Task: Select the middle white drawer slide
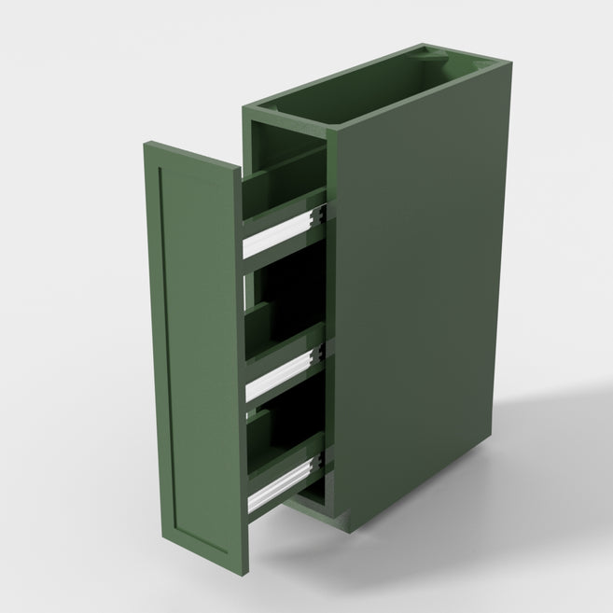point(280,373)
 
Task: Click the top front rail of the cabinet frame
point(289,121)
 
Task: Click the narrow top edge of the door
point(191,156)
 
